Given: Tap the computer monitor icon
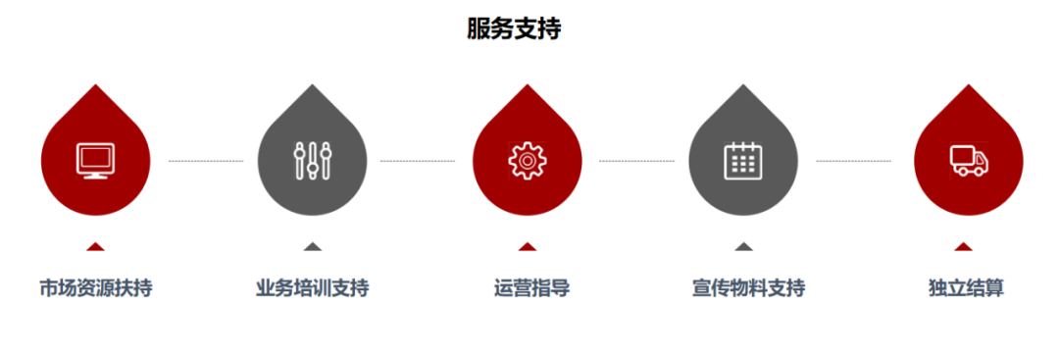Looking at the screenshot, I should tap(95, 160).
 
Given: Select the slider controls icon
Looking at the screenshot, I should tap(313, 160).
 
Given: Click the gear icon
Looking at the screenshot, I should tap(527, 160).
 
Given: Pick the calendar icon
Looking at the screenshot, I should tap(743, 160).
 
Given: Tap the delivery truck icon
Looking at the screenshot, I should tap(969, 160).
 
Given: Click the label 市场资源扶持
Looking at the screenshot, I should tap(95, 288).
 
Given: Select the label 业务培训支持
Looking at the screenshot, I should tap(313, 288).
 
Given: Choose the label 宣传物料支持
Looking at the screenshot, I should tap(748, 288).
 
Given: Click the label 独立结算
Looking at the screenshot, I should tap(966, 288).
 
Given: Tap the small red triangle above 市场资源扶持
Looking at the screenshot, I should tap(95, 247).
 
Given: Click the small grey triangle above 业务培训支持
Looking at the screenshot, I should tap(313, 247).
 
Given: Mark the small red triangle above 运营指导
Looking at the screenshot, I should tap(528, 247).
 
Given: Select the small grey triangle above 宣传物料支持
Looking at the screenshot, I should tap(744, 247).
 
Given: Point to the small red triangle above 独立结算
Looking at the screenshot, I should tap(964, 247).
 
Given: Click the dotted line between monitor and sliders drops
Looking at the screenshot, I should tap(205, 160).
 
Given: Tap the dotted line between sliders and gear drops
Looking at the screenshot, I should tap(418, 160).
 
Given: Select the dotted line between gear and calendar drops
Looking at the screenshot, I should tap(636, 160).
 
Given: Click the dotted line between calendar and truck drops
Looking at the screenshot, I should tap(853, 160).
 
